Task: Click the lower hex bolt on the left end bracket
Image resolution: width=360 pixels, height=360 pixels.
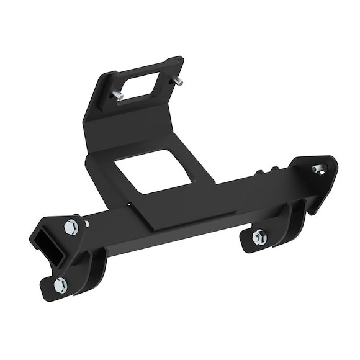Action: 61,284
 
